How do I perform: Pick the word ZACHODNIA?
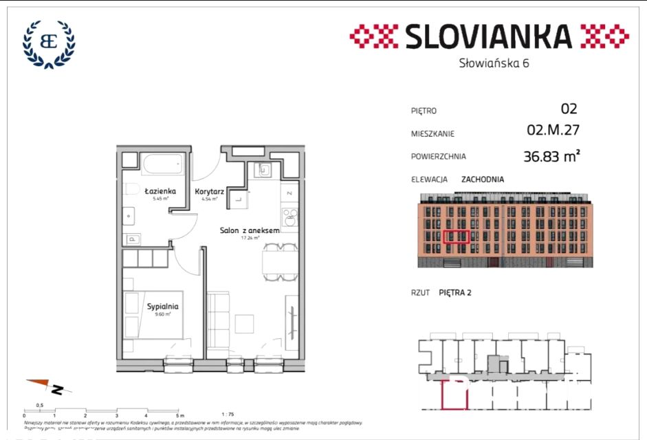coord(482,179)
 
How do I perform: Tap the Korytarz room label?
coord(207,192)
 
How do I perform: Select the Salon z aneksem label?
coord(249,231)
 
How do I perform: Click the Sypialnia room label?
coord(163,307)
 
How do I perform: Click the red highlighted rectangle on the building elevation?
coord(457,237)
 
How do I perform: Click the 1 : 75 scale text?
coord(228,414)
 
